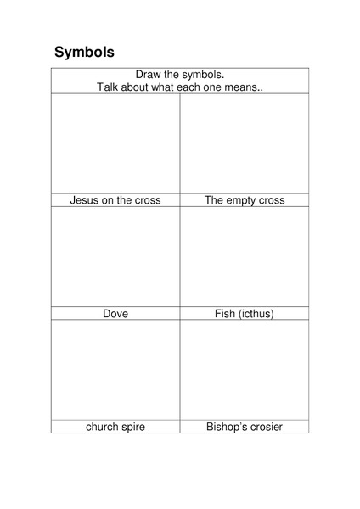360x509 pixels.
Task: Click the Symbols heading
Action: click(84, 52)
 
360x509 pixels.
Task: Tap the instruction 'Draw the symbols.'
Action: click(180, 75)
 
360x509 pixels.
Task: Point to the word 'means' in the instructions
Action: click(241, 87)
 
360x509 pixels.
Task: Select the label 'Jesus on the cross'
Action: click(115, 201)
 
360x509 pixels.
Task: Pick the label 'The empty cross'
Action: click(245, 201)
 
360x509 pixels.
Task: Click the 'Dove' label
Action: click(115, 314)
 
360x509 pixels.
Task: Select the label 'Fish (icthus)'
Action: click(245, 314)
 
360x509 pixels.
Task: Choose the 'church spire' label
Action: click(115, 427)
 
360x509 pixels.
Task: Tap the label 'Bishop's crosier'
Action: click(245, 427)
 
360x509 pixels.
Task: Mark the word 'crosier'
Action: click(264, 427)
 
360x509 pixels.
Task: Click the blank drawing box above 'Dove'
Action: click(115, 256)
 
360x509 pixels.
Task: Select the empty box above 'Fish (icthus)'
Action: click(245, 256)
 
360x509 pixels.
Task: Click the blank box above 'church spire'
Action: click(115, 369)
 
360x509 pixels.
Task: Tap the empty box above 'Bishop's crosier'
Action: click(245, 369)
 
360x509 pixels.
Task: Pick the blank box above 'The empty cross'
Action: click(245, 143)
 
